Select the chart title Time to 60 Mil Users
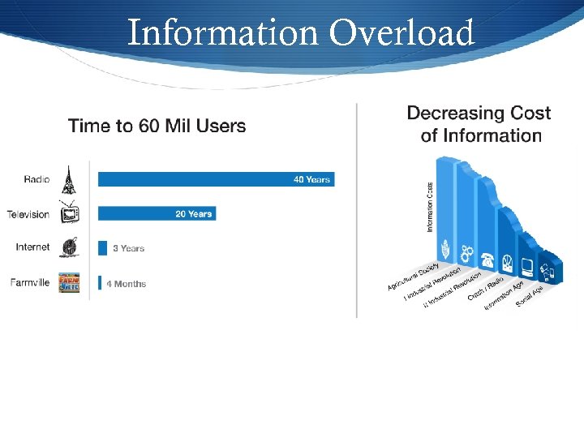click(x=157, y=126)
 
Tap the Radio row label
click(x=37, y=179)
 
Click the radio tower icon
click(x=68, y=179)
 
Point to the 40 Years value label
click(x=311, y=179)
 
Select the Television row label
click(x=28, y=214)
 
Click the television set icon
click(x=69, y=213)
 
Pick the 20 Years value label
click(x=194, y=214)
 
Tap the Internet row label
click(x=32, y=247)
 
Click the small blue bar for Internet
click(x=102, y=248)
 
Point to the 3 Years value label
click(x=128, y=248)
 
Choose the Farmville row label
click(x=30, y=283)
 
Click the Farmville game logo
click(x=69, y=283)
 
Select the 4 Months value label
click(x=127, y=284)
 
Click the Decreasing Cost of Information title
click(x=479, y=124)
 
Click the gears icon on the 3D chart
click(x=466, y=251)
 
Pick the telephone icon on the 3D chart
click(x=488, y=260)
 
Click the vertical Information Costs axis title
click(x=430, y=207)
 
